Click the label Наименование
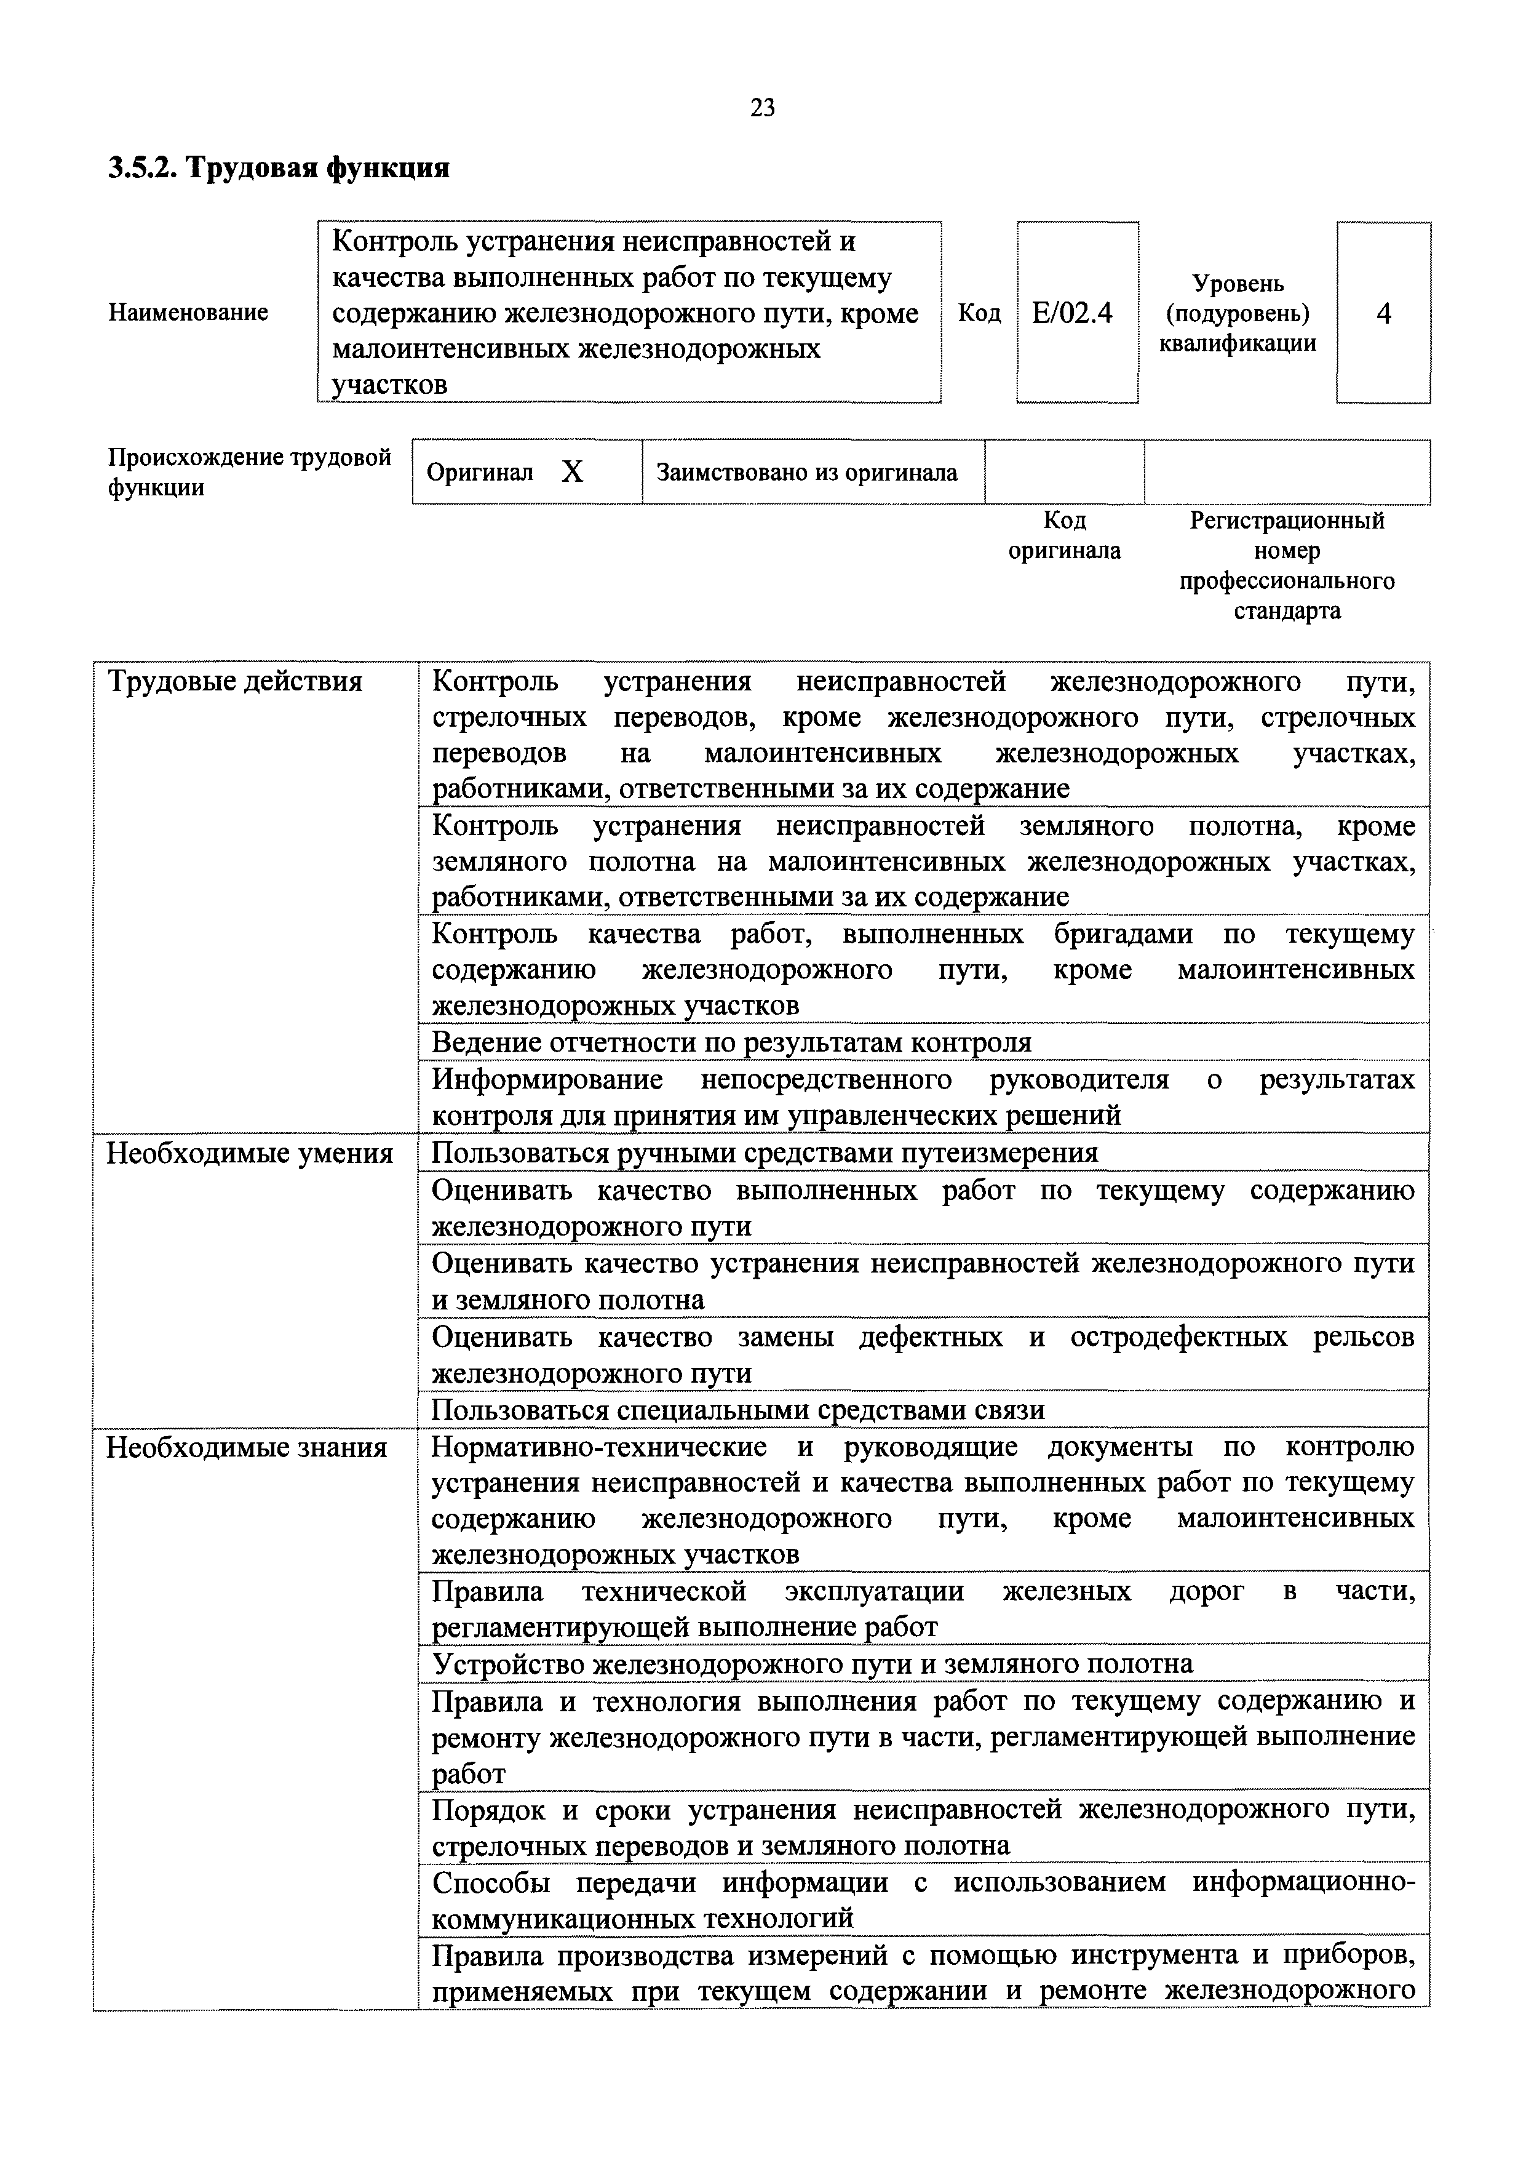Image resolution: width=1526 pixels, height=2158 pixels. point(189,312)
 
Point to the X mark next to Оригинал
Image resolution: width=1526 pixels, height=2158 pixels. point(572,473)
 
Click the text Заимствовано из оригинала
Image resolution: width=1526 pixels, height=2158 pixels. point(806,472)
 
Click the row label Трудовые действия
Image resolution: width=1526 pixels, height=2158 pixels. point(235,681)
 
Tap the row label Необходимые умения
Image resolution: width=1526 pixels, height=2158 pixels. point(249,1153)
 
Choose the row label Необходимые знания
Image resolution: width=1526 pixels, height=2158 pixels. point(246,1447)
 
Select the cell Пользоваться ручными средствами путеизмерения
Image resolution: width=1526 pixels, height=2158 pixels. point(764,1153)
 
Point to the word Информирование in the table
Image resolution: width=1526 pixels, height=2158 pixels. point(547,1080)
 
